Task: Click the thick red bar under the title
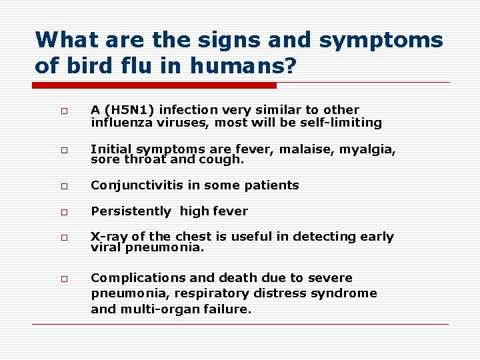(x=155, y=85)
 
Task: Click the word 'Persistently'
(x=131, y=211)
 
